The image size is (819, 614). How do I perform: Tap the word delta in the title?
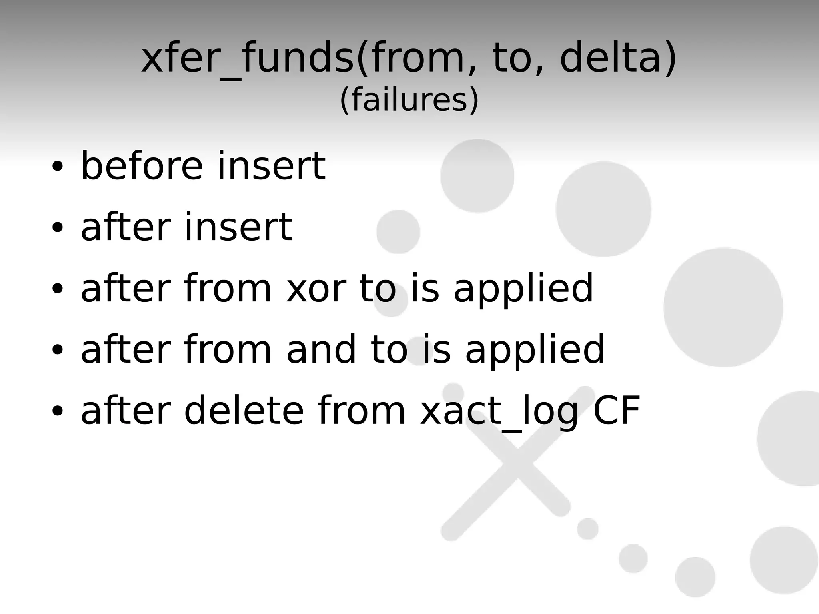(614, 59)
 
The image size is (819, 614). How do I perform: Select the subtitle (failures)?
(409, 100)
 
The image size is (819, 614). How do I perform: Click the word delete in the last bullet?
(244, 411)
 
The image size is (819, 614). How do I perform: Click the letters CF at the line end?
(617, 411)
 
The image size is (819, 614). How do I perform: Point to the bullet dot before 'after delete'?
(57, 411)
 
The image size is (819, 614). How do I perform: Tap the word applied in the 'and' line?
(535, 350)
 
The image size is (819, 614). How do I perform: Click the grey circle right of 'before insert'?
(477, 176)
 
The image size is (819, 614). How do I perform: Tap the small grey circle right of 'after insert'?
(398, 232)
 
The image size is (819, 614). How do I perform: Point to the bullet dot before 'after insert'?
(57, 227)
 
